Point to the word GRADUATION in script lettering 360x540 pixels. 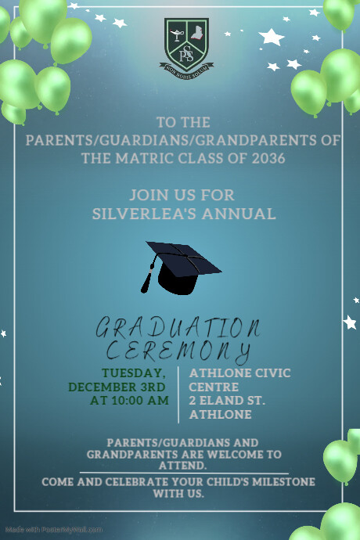(x=178, y=327)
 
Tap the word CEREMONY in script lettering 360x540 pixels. (x=178, y=350)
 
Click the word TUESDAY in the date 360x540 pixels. (x=133, y=373)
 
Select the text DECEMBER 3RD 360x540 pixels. (x=117, y=387)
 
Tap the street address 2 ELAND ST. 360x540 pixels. (x=228, y=401)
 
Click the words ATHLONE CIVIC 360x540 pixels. (x=240, y=373)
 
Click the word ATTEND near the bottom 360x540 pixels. (x=182, y=466)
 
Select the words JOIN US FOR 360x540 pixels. (x=182, y=195)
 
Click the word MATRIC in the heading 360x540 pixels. (x=141, y=158)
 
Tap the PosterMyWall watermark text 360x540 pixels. (x=52, y=530)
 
